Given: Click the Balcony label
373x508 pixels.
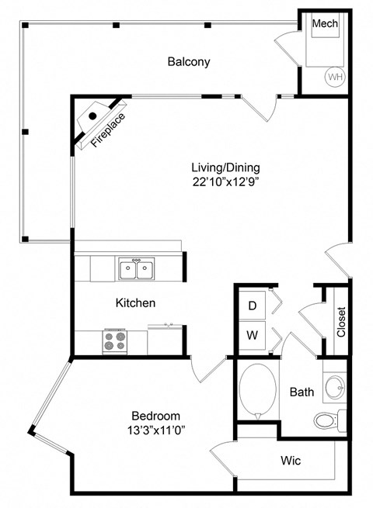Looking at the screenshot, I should (189, 62).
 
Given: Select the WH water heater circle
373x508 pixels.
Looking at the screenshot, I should (335, 77).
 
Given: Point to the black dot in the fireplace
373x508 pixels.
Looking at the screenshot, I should (92, 116).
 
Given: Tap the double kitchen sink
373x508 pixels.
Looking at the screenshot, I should (135, 269).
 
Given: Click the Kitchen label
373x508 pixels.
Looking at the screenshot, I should (136, 302).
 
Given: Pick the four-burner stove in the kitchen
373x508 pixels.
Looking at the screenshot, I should (115, 340).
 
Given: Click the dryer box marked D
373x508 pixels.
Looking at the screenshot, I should (252, 306).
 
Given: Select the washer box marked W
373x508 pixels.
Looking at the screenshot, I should (252, 335).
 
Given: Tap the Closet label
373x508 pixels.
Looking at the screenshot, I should (340, 321).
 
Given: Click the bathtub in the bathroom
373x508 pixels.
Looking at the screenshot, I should (257, 392).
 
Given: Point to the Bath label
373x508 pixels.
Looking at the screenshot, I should (302, 392).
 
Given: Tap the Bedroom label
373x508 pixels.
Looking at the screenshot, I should (155, 414).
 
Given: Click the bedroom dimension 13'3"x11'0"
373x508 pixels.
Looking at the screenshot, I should (158, 429).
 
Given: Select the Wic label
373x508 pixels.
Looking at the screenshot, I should (291, 460).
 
